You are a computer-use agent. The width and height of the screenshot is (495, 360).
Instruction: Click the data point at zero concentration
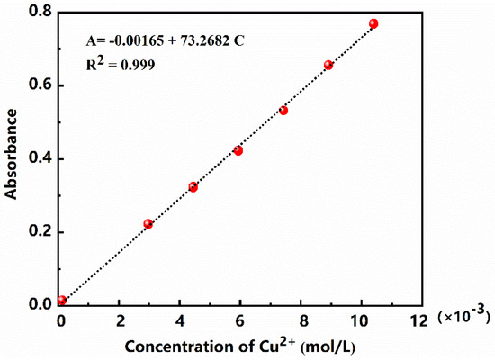click(x=62, y=301)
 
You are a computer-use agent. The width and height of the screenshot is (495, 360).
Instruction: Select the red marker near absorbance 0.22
click(x=148, y=223)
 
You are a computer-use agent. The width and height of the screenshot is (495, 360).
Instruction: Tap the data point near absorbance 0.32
click(x=193, y=187)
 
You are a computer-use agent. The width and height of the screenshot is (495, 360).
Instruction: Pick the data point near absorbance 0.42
click(x=238, y=150)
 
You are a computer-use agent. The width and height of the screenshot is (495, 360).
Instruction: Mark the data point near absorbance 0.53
click(x=283, y=110)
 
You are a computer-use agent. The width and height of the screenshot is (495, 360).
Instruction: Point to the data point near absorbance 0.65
click(x=328, y=65)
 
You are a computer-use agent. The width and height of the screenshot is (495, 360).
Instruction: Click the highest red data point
click(x=373, y=23)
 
